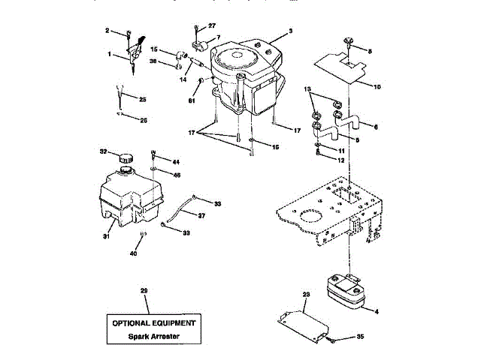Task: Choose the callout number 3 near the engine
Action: coord(290,33)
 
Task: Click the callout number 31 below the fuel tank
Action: coord(107,237)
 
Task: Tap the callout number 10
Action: coord(377,86)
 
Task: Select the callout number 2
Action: coord(107,31)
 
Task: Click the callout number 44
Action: coord(177,162)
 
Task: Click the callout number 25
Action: coord(143,98)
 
